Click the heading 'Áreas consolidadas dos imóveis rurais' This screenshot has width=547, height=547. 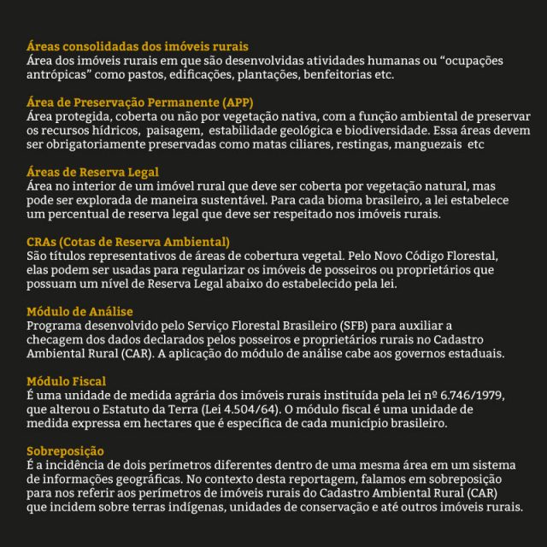(138, 44)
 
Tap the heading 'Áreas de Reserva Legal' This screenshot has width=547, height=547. (93, 172)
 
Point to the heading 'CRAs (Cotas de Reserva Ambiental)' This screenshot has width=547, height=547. (128, 242)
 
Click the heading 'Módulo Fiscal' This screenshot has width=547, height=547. (68, 380)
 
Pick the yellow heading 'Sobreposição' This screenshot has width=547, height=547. (65, 450)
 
